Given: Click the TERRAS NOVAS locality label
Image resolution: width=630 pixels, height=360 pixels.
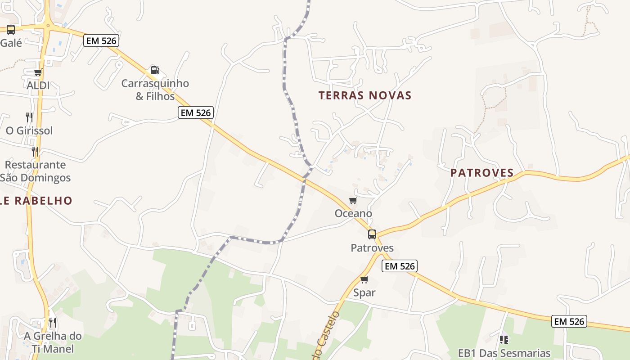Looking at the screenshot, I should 365,95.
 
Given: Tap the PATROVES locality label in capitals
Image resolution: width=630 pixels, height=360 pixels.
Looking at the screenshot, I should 482,173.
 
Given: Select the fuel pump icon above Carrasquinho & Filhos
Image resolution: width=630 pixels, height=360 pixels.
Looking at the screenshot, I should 155,70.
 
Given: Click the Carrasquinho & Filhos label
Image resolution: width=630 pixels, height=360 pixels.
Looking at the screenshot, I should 155,90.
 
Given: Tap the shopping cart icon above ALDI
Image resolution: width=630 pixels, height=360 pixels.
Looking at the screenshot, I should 38,72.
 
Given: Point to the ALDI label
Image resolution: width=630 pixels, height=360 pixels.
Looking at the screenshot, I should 38,85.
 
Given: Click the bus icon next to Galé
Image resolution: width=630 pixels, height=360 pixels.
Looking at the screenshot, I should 11,30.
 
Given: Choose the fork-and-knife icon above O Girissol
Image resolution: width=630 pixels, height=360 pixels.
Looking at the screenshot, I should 29,117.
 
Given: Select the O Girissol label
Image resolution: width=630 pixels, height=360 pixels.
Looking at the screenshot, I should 29,130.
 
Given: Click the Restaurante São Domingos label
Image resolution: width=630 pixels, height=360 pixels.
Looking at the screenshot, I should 35,171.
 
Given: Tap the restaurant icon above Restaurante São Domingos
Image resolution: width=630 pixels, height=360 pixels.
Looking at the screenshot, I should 35,151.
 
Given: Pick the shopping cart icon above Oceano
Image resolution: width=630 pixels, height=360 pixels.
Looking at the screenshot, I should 353,200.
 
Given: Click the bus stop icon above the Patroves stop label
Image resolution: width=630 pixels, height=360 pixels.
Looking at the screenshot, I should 372,234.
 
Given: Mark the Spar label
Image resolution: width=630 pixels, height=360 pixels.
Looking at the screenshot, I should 364,293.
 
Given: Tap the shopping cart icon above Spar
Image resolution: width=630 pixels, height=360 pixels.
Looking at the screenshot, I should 364,279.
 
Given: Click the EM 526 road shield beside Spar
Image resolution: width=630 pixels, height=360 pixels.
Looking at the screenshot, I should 400,266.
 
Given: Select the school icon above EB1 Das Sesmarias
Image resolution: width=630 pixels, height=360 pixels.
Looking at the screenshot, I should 504,339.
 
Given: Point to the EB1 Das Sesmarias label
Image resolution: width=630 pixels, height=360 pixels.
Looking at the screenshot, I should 504,353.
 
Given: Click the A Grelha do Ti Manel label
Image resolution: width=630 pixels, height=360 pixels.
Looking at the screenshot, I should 53,342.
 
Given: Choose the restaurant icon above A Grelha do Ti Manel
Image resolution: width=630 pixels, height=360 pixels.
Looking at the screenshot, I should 53,322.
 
